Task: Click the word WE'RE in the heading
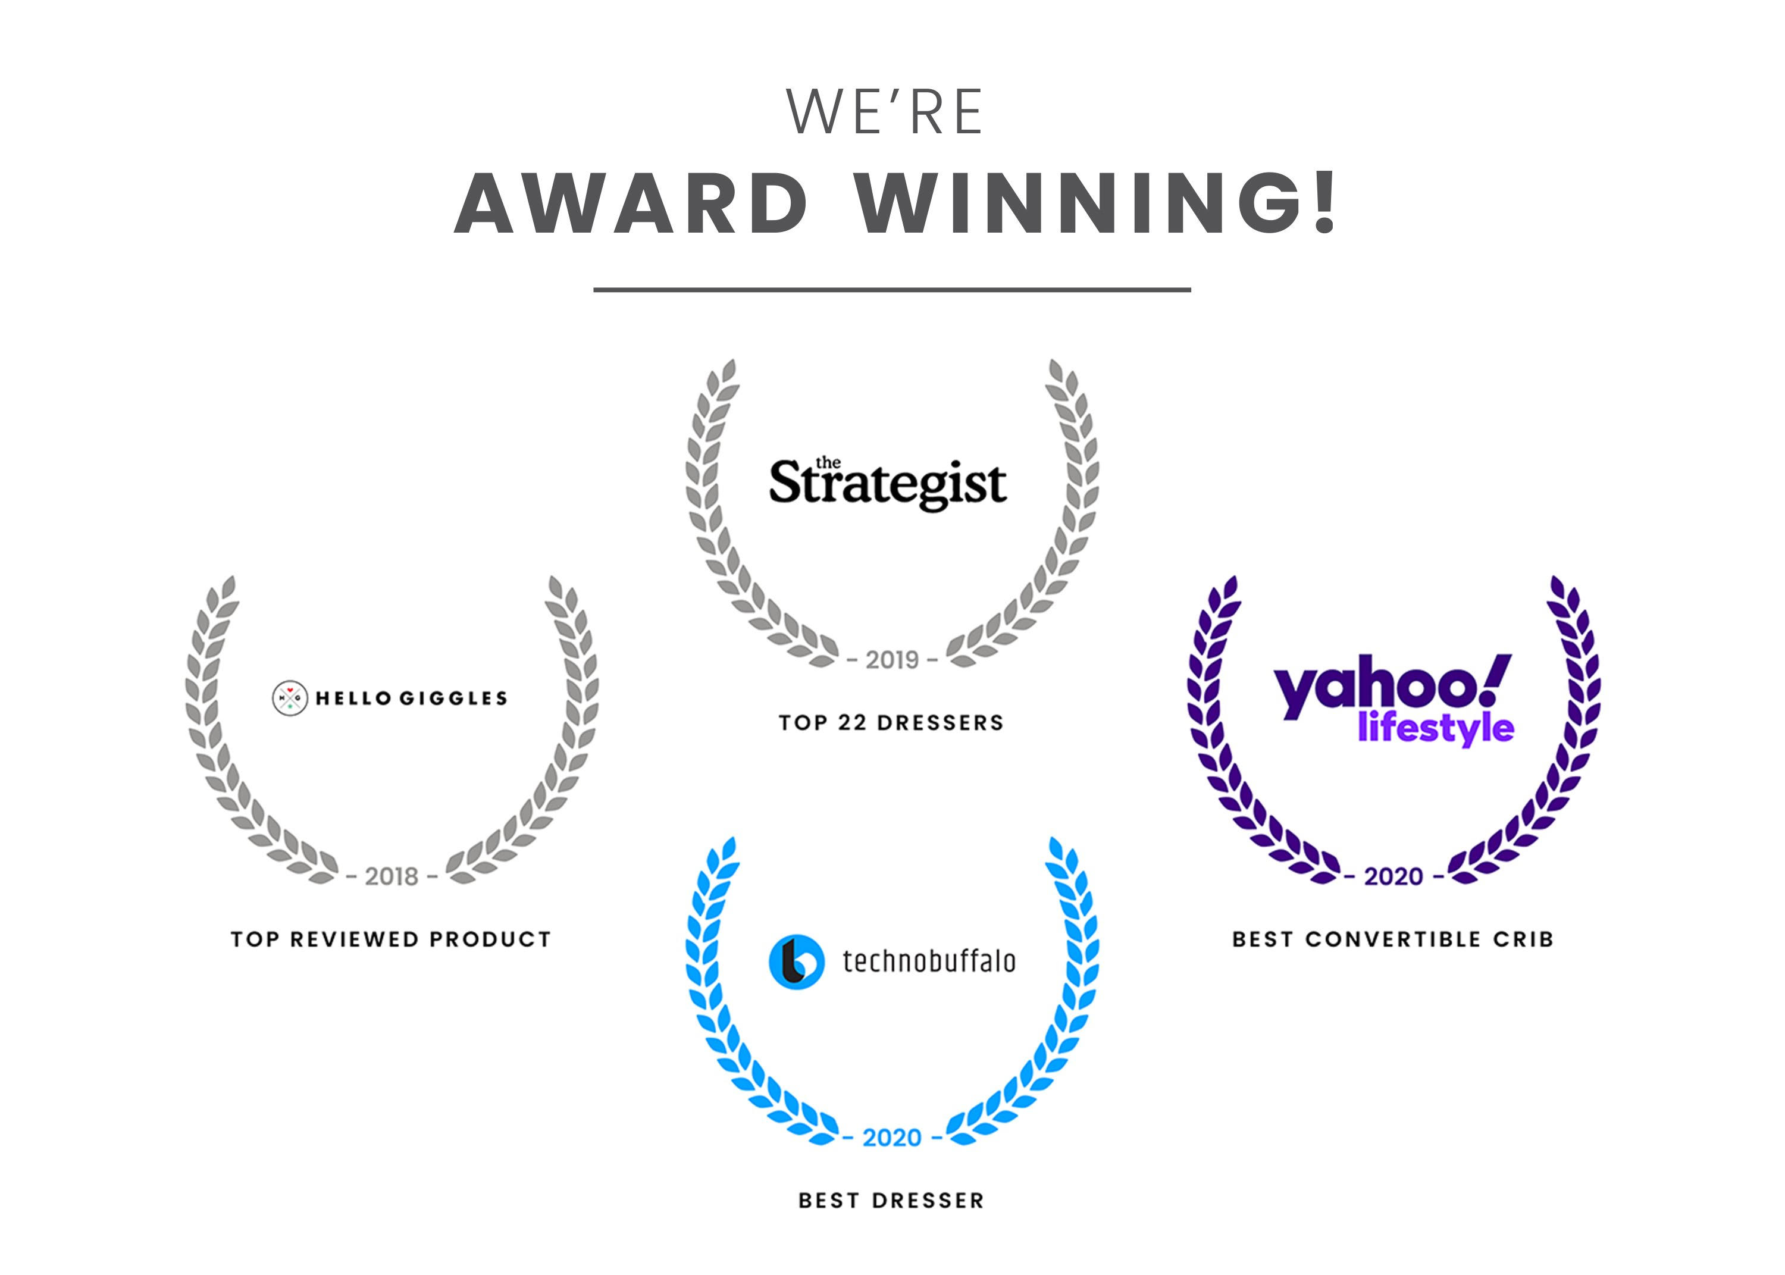click(885, 111)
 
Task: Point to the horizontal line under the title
click(892, 290)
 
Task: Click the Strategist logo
click(888, 482)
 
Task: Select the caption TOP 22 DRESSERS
click(891, 722)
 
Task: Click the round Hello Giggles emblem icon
click(290, 698)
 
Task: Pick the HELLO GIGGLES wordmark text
click(411, 698)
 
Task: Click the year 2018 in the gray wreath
click(392, 876)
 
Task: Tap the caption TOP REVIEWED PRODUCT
click(391, 939)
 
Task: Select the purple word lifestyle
click(1436, 728)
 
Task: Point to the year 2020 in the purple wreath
click(1393, 876)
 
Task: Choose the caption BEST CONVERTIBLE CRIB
click(1392, 939)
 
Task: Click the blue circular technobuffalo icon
click(796, 961)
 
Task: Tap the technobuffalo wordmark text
click(929, 961)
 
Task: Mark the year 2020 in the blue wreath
click(892, 1138)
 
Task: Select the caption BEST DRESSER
click(891, 1201)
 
